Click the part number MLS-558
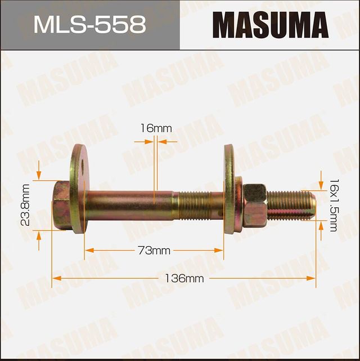click(x=89, y=25)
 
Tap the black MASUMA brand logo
click(x=271, y=25)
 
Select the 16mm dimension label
click(x=156, y=128)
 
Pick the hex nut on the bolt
click(x=255, y=205)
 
